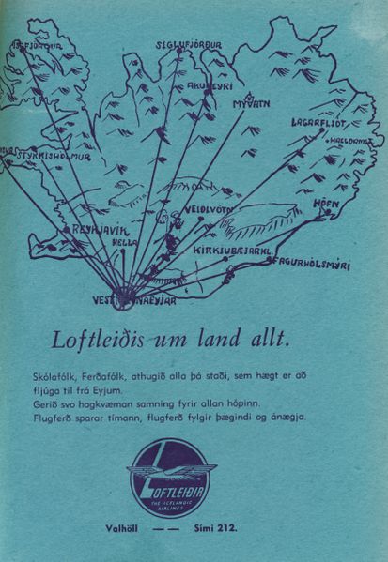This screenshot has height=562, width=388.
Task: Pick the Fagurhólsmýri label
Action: click(308, 266)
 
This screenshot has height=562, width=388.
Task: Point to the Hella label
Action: click(125, 242)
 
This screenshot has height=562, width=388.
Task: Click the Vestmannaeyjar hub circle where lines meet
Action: click(123, 299)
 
